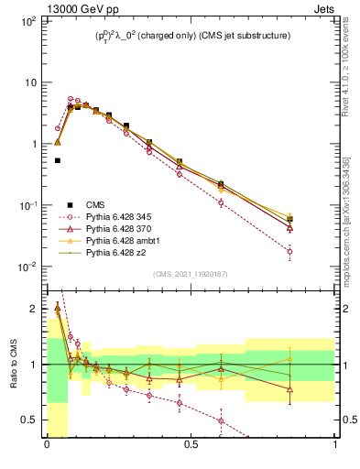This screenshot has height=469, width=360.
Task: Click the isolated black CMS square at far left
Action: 57,160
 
